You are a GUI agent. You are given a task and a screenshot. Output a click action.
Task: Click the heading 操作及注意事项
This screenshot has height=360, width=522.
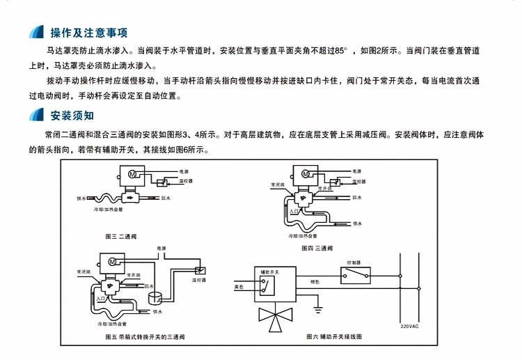[x=88, y=33]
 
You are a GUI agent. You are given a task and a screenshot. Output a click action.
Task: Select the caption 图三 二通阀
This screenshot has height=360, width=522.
[x=120, y=237]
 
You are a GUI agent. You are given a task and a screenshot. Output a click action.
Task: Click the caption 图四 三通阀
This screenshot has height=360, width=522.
[x=317, y=248]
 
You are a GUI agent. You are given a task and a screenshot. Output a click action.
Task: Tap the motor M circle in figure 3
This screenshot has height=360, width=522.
[x=130, y=175]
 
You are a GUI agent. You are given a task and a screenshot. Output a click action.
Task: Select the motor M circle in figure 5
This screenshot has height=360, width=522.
[x=111, y=260]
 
